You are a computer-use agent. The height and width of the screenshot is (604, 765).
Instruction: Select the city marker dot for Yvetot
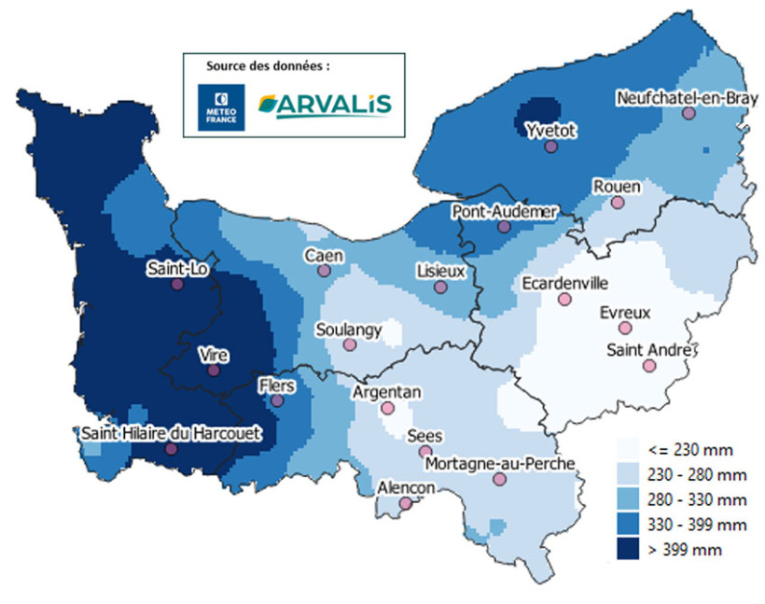click(551, 147)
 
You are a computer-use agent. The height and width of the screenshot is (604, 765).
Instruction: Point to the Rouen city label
click(617, 187)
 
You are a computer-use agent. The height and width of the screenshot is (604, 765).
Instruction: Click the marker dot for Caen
click(324, 271)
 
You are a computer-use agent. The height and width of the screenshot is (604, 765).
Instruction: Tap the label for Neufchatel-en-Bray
click(681, 97)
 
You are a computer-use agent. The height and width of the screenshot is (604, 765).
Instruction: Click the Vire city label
click(214, 355)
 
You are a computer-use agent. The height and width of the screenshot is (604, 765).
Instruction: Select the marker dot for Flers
click(277, 400)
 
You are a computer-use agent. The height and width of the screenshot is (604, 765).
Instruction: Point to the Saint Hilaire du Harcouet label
click(168, 433)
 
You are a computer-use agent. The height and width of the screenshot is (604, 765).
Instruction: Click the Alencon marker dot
click(405, 503)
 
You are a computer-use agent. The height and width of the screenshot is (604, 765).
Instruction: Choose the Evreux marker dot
click(625, 328)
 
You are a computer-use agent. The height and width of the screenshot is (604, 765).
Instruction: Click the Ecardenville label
click(564, 282)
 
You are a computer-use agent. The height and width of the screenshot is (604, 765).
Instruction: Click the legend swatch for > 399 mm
click(632, 550)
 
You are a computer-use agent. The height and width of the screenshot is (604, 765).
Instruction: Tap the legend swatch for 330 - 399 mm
click(632, 526)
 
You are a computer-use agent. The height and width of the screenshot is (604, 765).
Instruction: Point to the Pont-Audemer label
click(504, 212)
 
